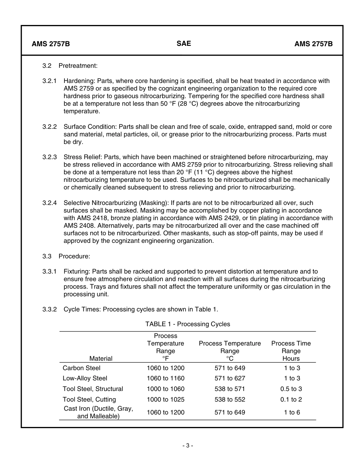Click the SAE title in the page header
[x=184, y=43]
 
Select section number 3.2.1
[x=49, y=81]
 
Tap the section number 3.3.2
[x=49, y=309]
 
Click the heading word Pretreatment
[x=78, y=66]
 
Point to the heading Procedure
[x=74, y=256]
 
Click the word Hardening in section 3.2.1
[x=79, y=81]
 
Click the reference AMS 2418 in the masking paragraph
[x=92, y=218]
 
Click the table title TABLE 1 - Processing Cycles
[x=188, y=324]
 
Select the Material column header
[x=101, y=358]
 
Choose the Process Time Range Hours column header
[x=291, y=350]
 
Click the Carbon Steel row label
[x=81, y=368]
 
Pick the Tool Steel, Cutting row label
[x=89, y=399]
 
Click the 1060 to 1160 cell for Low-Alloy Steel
[x=166, y=378]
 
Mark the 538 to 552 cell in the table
[x=230, y=399]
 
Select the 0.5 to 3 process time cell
[x=291, y=389]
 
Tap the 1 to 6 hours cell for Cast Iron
[x=292, y=412]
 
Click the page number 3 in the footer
[x=187, y=446]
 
